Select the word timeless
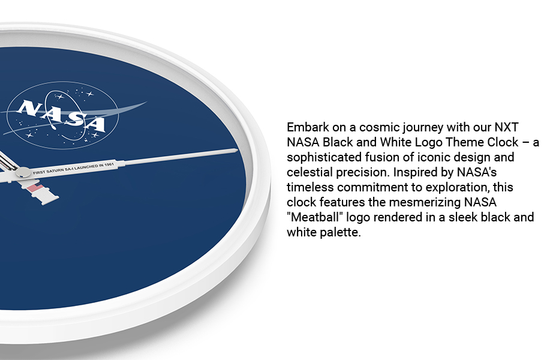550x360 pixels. coord(308,188)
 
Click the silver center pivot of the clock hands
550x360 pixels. coord(22,173)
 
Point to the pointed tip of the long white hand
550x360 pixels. coord(236,150)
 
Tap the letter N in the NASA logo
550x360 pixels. coord(28,109)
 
